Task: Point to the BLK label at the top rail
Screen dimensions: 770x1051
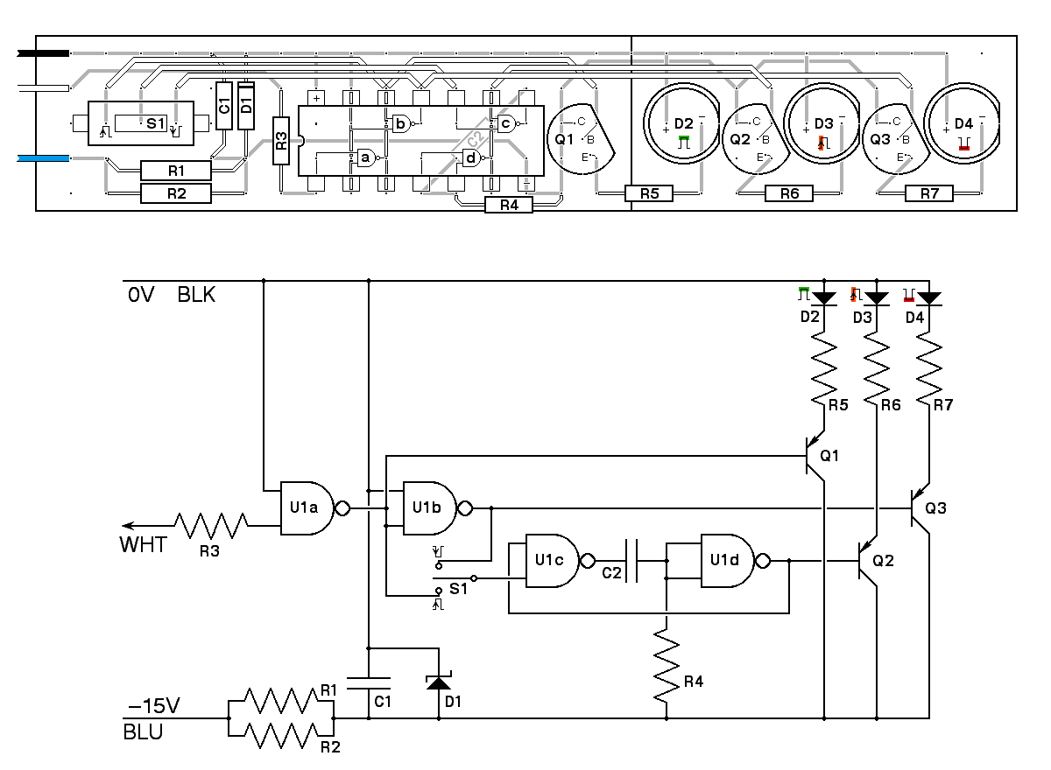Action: click(196, 295)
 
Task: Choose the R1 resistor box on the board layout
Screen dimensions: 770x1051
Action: click(176, 169)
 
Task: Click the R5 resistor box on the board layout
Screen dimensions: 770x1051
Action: click(649, 193)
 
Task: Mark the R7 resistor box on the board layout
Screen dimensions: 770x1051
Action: click(929, 193)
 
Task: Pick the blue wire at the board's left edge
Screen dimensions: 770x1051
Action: click(44, 158)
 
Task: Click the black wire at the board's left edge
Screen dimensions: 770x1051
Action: click(44, 53)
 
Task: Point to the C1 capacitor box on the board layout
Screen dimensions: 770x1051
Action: click(224, 106)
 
